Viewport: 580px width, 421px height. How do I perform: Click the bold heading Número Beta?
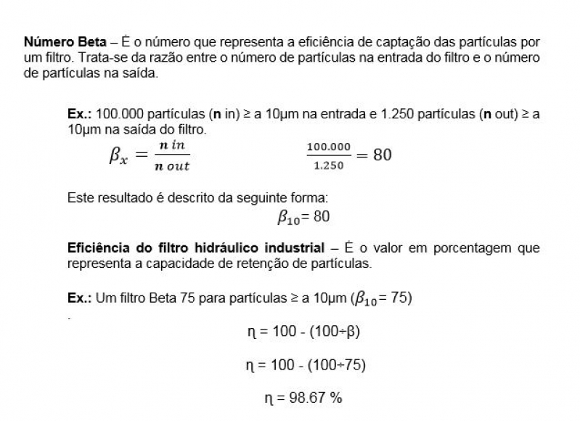click(55, 42)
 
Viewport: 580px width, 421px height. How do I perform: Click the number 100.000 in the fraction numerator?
click(328, 147)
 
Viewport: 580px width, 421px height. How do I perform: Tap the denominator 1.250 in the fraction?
click(328, 166)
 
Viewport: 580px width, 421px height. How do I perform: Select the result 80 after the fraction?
click(383, 155)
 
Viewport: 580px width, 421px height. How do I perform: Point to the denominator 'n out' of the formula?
click(172, 166)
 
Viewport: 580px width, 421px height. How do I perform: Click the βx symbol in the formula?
click(118, 156)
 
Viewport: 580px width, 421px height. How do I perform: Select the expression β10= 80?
click(304, 217)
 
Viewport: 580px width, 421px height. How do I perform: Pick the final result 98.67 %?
click(303, 398)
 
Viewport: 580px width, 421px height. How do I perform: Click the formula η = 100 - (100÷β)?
click(303, 332)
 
